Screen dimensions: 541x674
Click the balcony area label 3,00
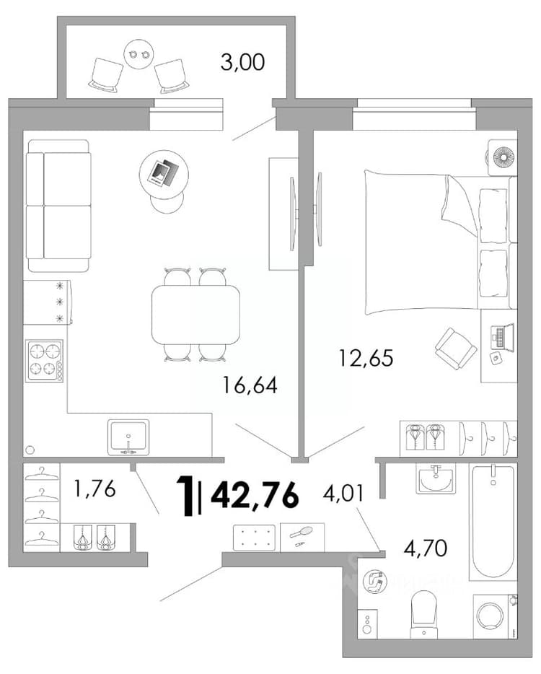(x=242, y=63)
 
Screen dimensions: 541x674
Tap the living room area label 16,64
(x=250, y=385)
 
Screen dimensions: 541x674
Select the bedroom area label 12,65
(x=366, y=358)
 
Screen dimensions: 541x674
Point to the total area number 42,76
(x=255, y=495)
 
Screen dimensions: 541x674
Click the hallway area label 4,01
(x=343, y=493)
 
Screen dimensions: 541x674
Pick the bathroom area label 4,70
(x=426, y=548)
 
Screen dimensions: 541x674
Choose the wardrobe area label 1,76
(x=94, y=489)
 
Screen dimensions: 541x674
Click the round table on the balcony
(x=138, y=53)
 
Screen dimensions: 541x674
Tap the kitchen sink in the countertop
(x=128, y=437)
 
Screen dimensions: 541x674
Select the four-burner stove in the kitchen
(x=44, y=360)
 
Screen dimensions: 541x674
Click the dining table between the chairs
(x=195, y=314)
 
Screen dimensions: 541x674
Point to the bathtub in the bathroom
(x=493, y=522)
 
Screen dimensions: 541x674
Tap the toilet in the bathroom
(x=423, y=615)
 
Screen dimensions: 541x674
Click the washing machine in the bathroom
(x=495, y=617)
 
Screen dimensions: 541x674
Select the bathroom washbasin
(x=436, y=479)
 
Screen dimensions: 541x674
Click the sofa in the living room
(x=58, y=206)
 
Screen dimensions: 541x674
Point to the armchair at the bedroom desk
(x=455, y=349)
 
